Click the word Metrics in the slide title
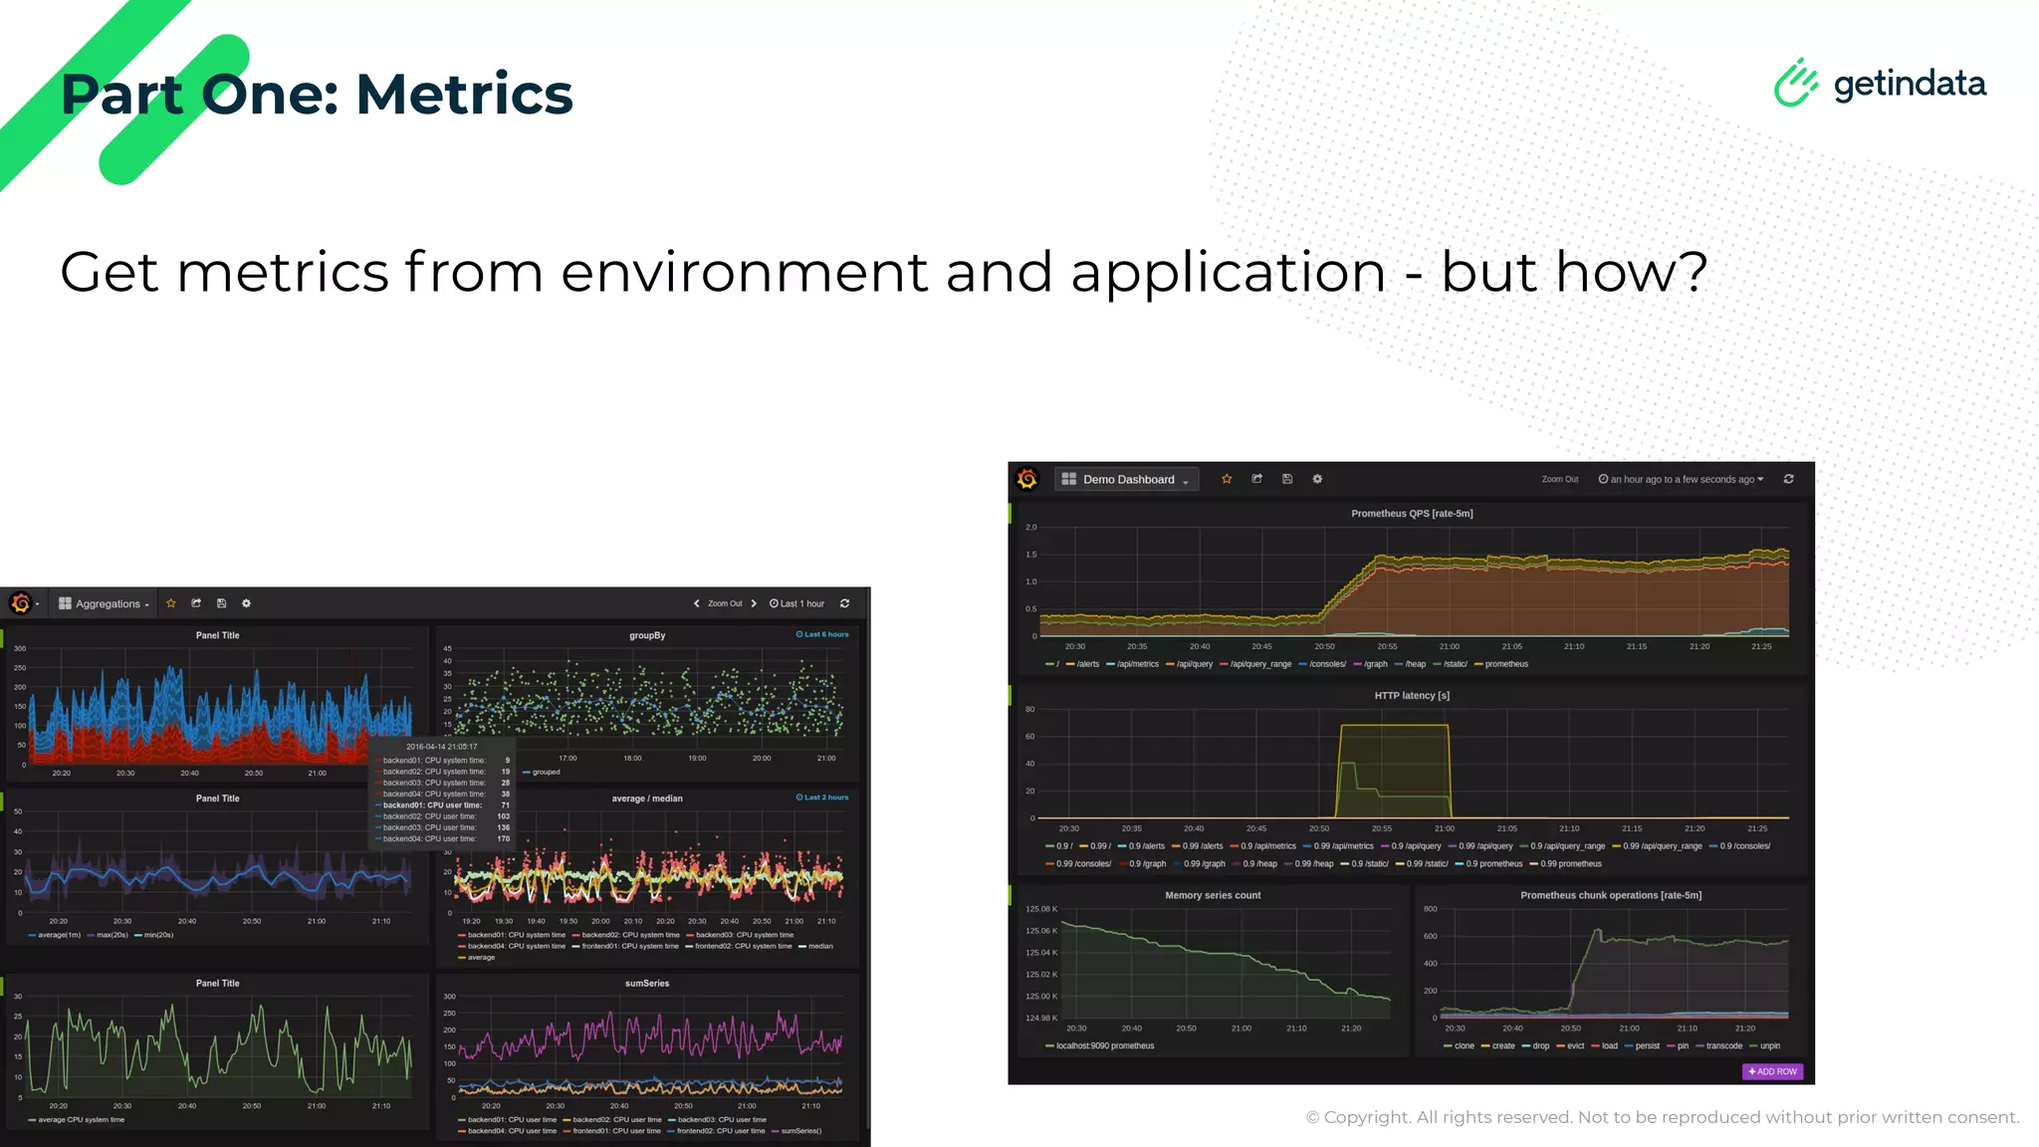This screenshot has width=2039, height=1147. click(x=464, y=95)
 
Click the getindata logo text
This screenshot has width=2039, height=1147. click(x=1910, y=84)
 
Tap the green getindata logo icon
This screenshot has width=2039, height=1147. click(x=1795, y=83)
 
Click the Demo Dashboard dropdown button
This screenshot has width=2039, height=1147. click(x=1128, y=480)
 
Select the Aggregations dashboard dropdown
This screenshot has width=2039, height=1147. click(x=106, y=604)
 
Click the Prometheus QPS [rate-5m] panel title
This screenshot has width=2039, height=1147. click(x=1411, y=514)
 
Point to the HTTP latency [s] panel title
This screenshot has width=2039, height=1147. click(x=1411, y=696)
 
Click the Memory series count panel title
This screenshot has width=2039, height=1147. click(x=1212, y=896)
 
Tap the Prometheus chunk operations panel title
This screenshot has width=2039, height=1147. click(x=1610, y=896)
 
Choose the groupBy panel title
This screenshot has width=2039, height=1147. click(x=647, y=635)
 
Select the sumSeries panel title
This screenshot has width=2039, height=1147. click(x=647, y=984)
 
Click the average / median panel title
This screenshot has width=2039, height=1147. click(x=647, y=799)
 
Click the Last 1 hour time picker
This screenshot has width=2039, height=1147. click(x=797, y=604)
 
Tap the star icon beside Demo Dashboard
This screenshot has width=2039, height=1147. click(x=1227, y=479)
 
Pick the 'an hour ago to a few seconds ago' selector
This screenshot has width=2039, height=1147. click(x=1682, y=480)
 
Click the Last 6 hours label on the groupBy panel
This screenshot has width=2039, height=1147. click(x=822, y=634)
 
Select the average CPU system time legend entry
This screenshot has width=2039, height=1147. click(x=81, y=1120)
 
